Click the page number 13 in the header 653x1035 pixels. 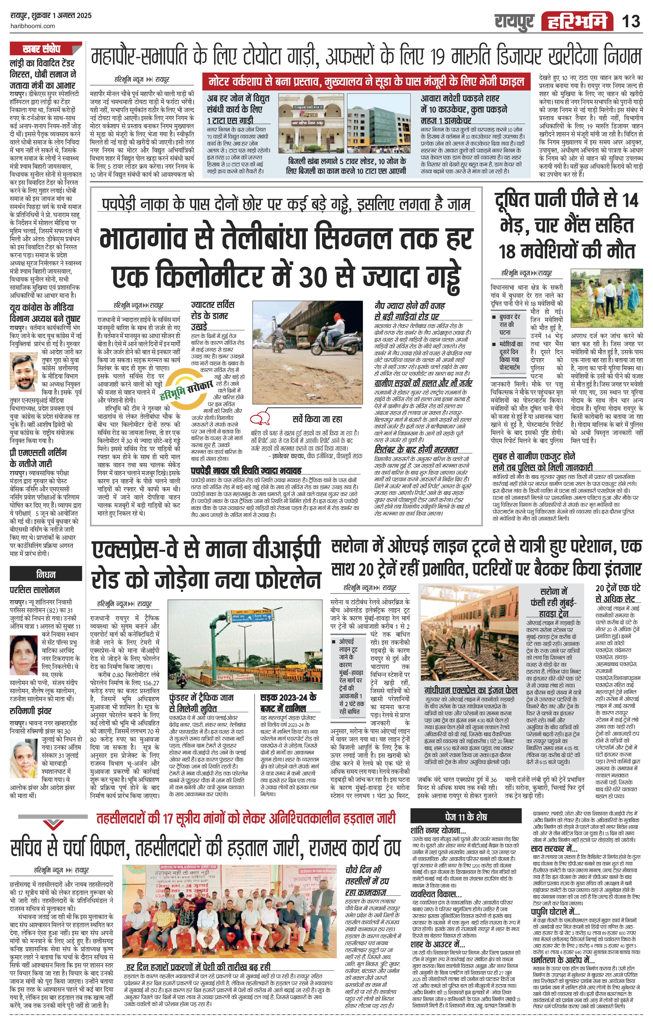[x=631, y=21]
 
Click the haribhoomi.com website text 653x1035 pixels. [x=32, y=26]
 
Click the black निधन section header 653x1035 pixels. [x=46, y=574]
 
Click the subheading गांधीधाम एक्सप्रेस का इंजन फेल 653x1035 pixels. [x=470, y=690]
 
